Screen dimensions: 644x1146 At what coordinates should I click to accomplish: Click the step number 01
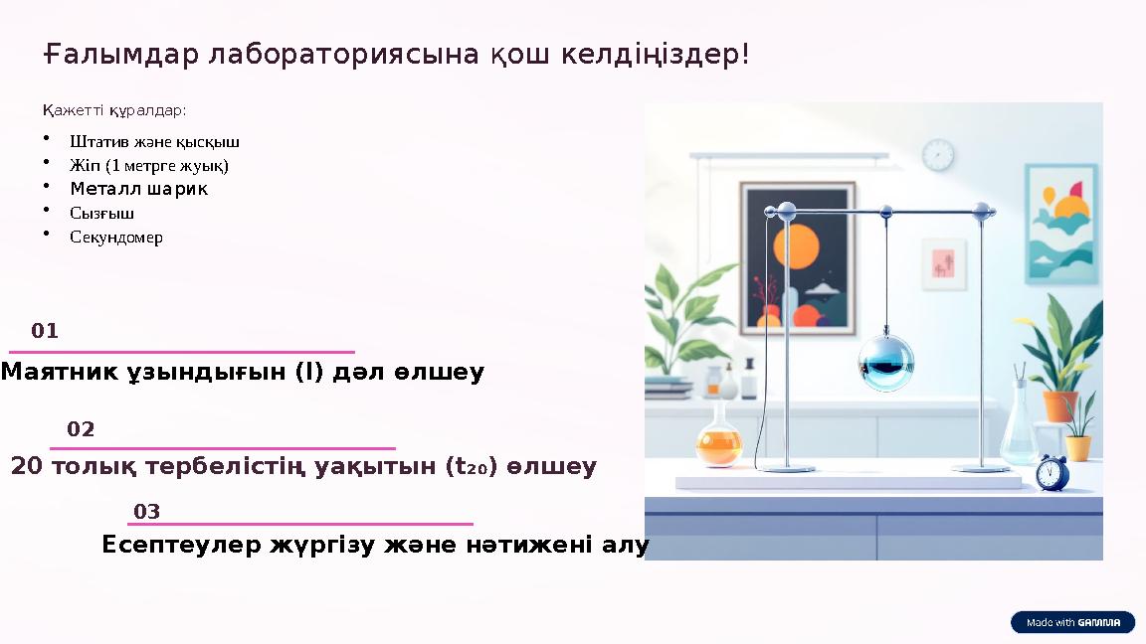click(x=45, y=331)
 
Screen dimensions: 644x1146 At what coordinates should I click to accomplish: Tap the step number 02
click(x=81, y=429)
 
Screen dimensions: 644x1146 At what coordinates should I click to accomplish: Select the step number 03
click(x=147, y=512)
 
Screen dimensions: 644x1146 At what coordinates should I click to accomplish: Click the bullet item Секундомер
click(x=116, y=238)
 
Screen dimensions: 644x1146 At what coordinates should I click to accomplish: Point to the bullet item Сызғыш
click(x=101, y=213)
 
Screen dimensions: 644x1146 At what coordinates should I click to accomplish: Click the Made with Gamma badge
click(x=1072, y=622)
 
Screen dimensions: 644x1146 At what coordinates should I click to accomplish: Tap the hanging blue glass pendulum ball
click(x=885, y=361)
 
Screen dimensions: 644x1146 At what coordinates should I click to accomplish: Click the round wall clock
click(x=937, y=155)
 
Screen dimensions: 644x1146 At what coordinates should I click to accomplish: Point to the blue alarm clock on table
click(x=1050, y=472)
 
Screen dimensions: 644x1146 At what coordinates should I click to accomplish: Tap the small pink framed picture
click(x=943, y=263)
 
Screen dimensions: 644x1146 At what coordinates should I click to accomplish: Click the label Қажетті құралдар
click(x=114, y=109)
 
